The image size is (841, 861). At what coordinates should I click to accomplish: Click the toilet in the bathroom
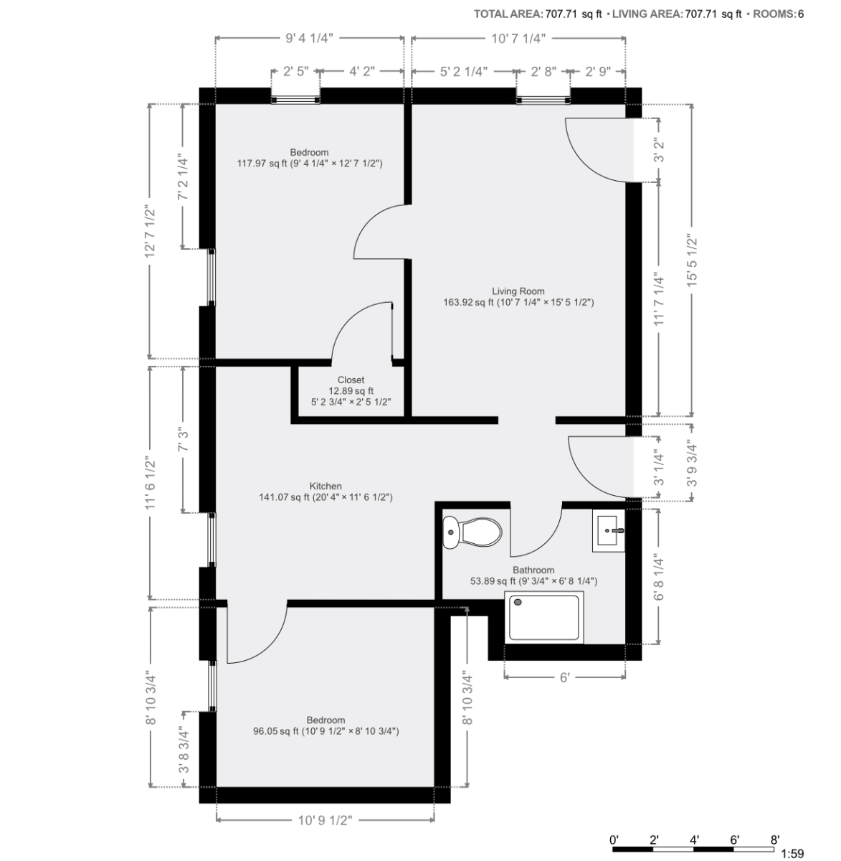(472, 532)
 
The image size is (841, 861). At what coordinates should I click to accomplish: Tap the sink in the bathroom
(609, 530)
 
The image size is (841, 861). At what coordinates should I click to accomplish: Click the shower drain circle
(518, 602)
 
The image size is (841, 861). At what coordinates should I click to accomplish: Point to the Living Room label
(518, 291)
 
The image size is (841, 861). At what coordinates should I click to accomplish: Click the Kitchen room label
(326, 486)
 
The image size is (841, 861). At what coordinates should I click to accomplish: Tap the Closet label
(351, 380)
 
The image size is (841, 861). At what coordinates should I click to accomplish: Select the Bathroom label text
(533, 570)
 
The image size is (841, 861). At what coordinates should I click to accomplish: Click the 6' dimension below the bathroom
(565, 678)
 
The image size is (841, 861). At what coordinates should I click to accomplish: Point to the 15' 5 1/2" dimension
(692, 260)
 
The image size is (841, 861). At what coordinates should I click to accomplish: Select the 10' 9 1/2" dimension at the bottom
(325, 820)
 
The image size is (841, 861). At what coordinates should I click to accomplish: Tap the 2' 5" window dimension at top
(296, 71)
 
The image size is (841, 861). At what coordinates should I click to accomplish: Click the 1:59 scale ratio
(792, 854)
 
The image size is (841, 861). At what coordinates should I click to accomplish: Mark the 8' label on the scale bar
(774, 839)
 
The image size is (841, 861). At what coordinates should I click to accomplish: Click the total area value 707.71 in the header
(561, 14)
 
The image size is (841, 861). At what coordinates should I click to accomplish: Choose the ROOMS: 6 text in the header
(778, 14)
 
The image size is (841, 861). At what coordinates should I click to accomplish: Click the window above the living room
(543, 100)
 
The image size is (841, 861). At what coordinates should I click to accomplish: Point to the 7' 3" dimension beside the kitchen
(183, 441)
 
